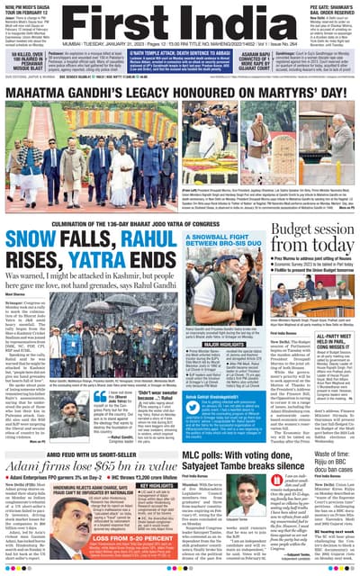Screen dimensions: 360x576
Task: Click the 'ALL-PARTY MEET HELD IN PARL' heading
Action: (337, 334)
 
